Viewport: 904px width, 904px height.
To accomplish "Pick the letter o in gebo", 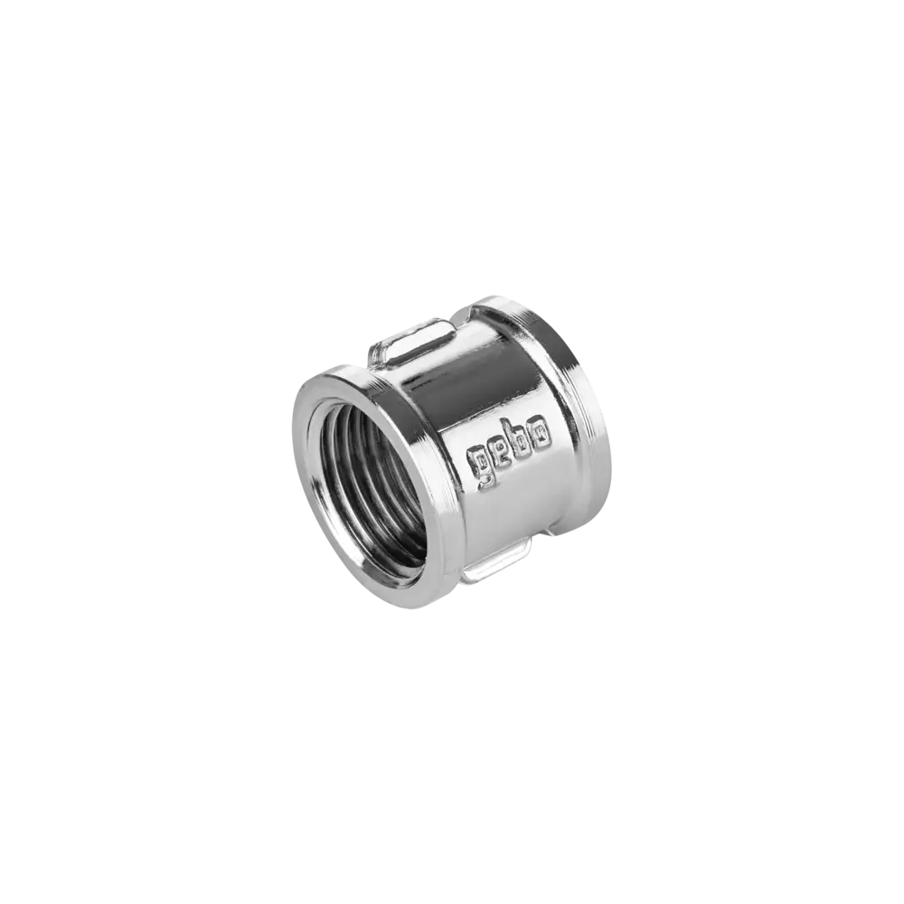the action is [541, 436].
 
